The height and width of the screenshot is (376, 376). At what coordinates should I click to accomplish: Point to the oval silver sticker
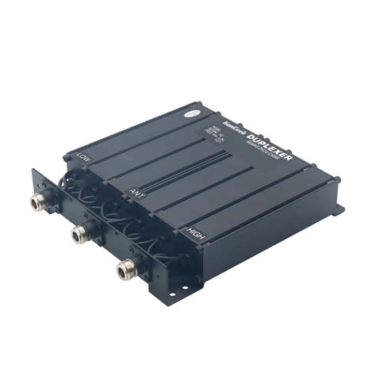click(x=194, y=113)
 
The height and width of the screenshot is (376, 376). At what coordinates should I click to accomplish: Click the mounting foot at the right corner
click(x=340, y=210)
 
